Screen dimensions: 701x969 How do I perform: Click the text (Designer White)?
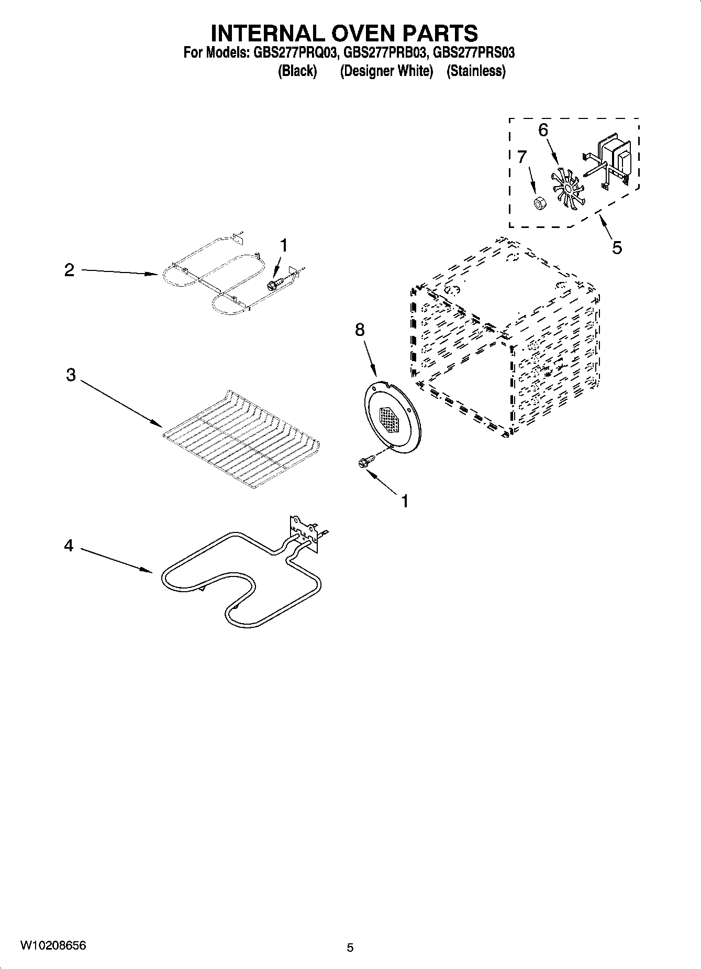pyautogui.click(x=386, y=71)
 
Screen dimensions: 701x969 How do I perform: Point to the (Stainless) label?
pyautogui.click(x=476, y=71)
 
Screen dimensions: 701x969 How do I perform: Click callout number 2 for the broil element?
pyautogui.click(x=69, y=270)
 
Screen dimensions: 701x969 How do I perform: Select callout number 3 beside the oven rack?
pyautogui.click(x=71, y=375)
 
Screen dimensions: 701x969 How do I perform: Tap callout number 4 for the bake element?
pyautogui.click(x=69, y=546)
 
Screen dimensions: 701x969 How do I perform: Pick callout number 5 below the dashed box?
pyautogui.click(x=617, y=247)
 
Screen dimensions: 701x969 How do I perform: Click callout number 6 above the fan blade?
pyautogui.click(x=543, y=130)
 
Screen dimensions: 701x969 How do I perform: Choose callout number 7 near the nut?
pyautogui.click(x=522, y=157)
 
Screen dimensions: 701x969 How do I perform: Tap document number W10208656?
pyautogui.click(x=53, y=945)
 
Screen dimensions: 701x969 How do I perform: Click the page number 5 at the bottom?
pyautogui.click(x=350, y=947)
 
